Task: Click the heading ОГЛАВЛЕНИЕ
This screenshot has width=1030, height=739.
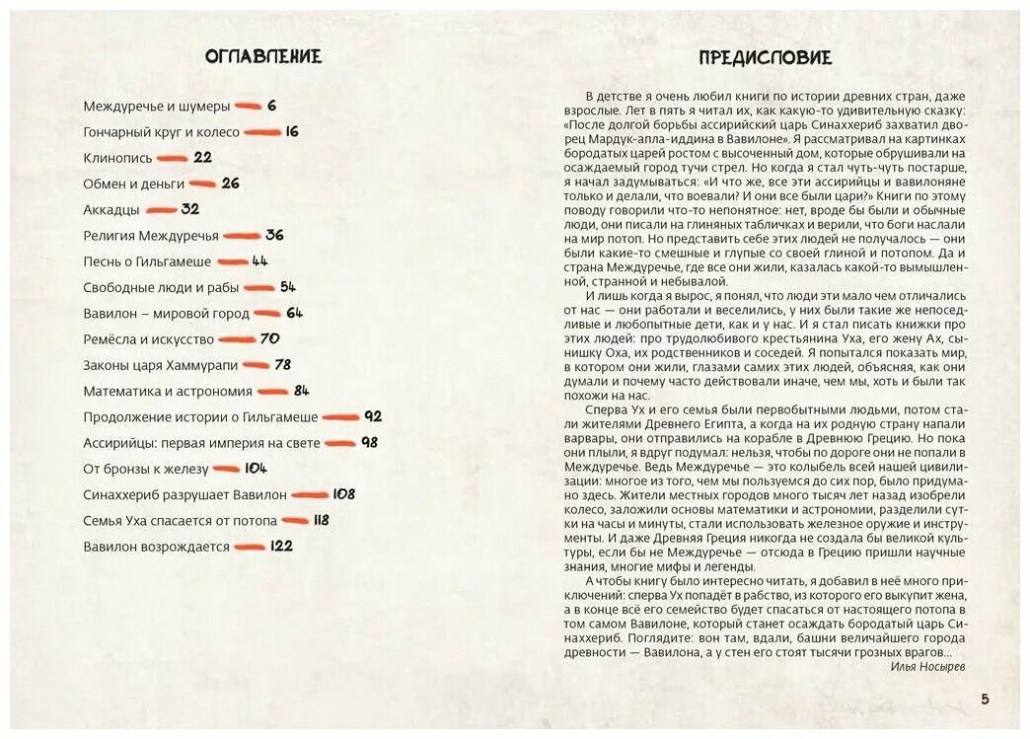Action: coord(263,56)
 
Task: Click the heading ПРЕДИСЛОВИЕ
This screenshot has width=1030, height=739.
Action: coord(765,57)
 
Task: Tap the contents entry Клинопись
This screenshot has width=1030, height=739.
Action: coord(117,158)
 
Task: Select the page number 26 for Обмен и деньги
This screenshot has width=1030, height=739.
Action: coord(230,184)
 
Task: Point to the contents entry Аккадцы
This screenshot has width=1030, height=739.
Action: coord(111,210)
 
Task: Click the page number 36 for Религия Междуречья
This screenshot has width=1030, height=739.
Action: coord(274,236)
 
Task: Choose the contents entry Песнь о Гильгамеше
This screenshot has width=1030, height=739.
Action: coord(147,261)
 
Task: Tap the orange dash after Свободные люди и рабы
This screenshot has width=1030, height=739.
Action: coord(259,288)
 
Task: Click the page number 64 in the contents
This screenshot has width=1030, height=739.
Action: coord(294,313)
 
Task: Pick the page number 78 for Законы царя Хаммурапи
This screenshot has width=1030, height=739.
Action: coord(282,365)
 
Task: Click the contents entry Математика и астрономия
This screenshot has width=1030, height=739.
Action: coord(169,391)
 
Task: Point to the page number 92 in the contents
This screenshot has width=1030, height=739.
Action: coord(372,417)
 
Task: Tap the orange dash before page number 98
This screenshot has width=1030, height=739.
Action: coord(340,443)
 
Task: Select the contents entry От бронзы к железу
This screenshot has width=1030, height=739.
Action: coord(146,469)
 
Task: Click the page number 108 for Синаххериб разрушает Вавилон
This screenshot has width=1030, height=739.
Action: coord(343,494)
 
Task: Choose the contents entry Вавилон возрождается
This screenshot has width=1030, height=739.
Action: coord(156,547)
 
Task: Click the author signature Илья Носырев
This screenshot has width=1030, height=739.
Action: coord(926,667)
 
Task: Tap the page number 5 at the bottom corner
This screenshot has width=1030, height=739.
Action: coord(984,700)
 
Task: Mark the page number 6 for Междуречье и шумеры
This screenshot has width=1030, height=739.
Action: coord(271,107)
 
